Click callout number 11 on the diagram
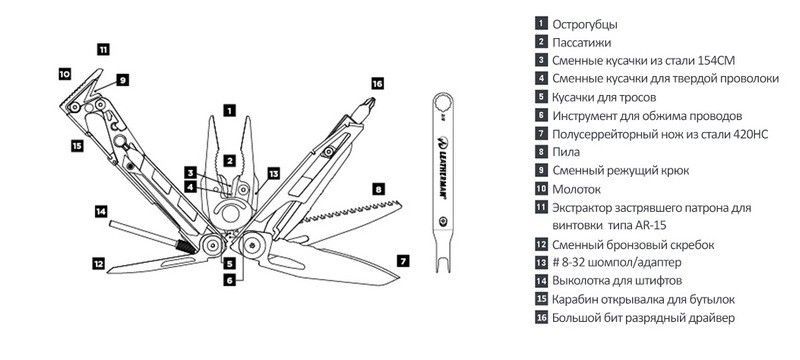(103, 49)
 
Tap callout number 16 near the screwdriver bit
(377, 84)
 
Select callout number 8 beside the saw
(378, 190)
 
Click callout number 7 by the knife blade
(403, 261)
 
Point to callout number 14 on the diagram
(101, 211)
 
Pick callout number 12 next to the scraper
(98, 264)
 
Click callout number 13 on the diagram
(274, 174)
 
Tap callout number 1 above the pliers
(230, 110)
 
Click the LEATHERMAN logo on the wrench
(442, 169)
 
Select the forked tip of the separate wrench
(442, 264)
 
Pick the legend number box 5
(541, 97)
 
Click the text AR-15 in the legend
(652, 225)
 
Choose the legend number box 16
(541, 318)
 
